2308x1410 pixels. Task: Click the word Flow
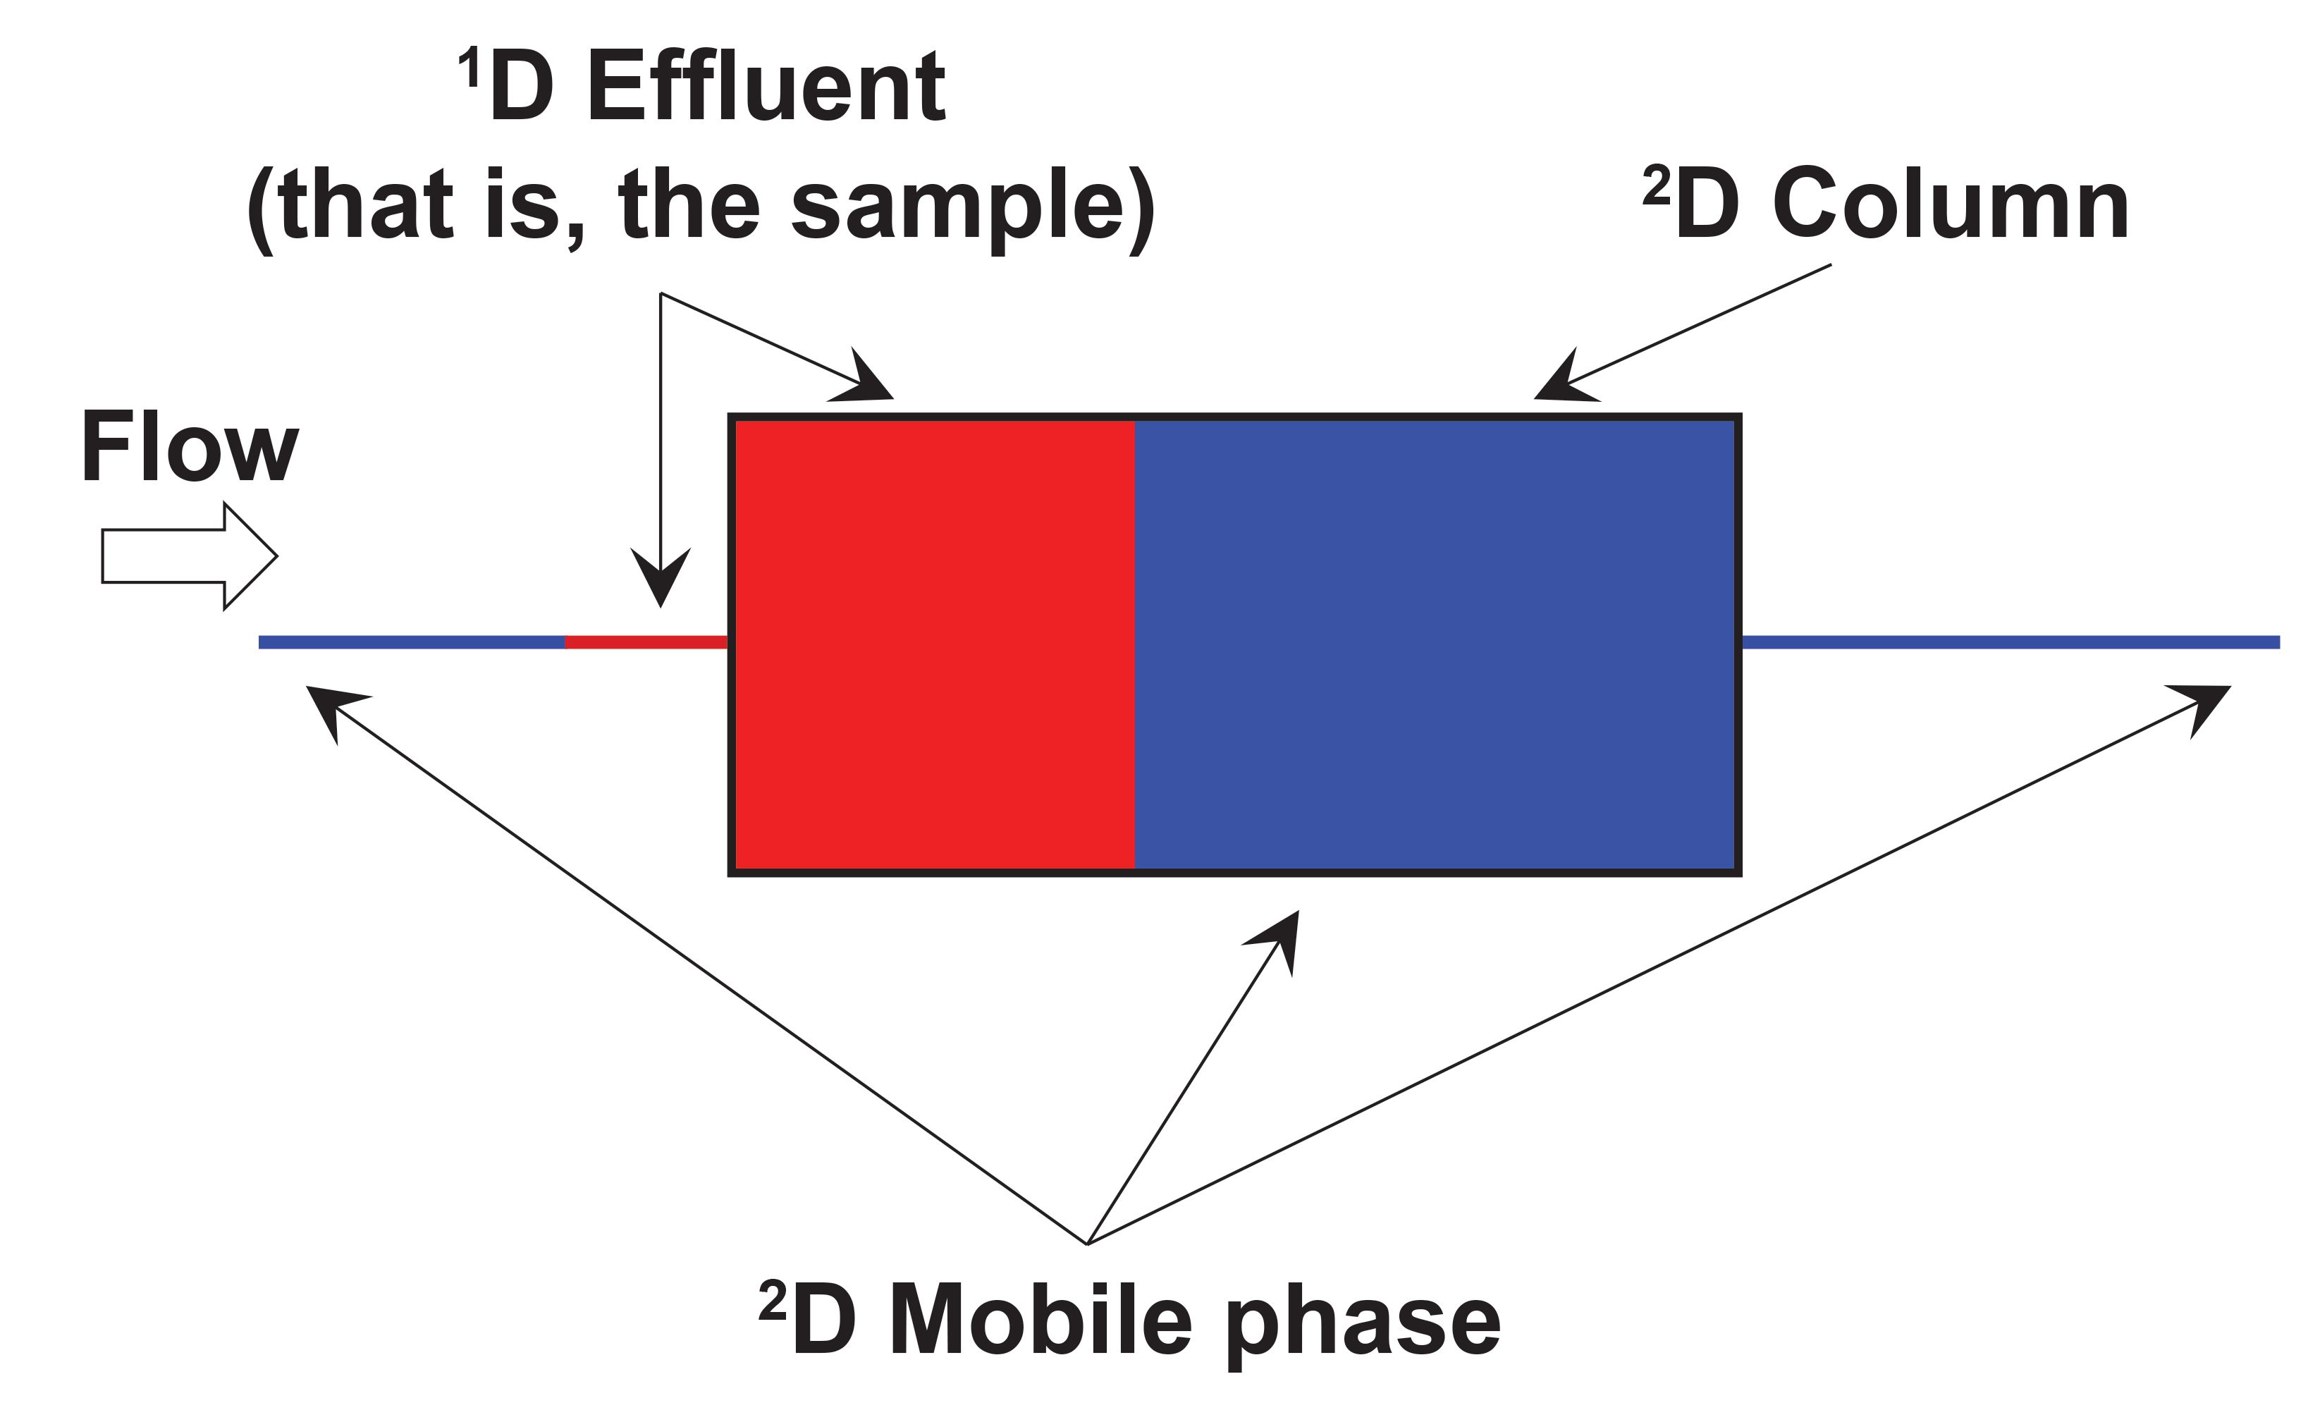[x=190, y=447]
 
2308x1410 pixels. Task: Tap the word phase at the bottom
[x=1363, y=1323]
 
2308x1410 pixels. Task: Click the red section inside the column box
[x=935, y=644]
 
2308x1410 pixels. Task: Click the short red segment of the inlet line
[x=646, y=642]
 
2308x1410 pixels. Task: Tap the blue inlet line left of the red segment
[x=412, y=642]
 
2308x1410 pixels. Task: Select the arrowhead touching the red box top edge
[x=864, y=379]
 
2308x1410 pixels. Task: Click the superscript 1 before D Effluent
[x=470, y=68]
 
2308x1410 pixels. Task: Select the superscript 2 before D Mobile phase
[x=772, y=1301]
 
